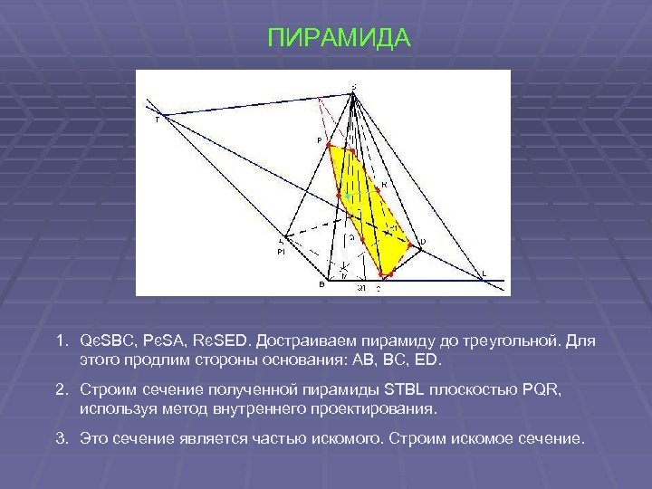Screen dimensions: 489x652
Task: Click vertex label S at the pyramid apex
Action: [353, 87]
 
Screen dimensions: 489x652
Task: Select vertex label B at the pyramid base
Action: [321, 284]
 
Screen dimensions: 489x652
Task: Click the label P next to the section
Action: [319, 140]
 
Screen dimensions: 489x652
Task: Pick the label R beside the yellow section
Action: [384, 185]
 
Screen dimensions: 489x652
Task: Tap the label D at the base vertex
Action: [422, 242]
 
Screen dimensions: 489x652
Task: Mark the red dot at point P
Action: [329, 145]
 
